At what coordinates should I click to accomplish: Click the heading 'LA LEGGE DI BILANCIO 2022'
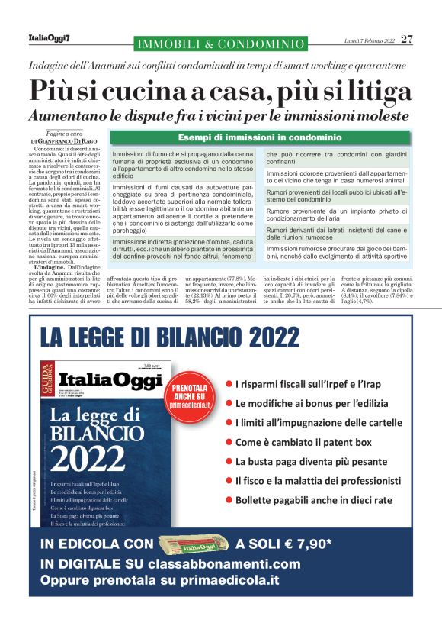tap(172, 334)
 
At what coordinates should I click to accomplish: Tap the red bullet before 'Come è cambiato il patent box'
tap(229, 441)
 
